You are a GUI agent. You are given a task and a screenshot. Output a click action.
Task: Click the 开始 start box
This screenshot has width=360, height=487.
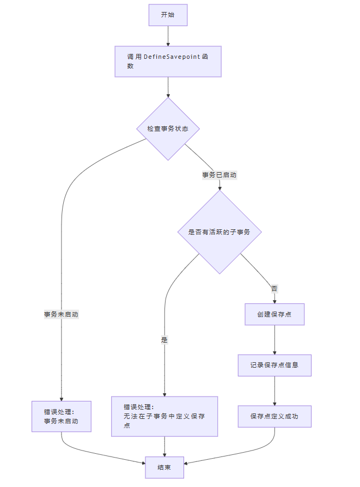(168, 15)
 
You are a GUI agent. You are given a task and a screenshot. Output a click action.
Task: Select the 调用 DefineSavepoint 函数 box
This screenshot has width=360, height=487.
(168, 62)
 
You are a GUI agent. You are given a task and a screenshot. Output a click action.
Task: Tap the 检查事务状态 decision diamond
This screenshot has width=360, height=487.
(168, 129)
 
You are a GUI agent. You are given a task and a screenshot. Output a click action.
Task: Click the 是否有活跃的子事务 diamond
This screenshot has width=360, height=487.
(219, 232)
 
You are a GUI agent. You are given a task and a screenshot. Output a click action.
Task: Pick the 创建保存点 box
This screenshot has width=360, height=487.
(274, 314)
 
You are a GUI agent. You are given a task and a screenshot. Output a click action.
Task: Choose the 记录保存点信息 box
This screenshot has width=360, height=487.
(274, 365)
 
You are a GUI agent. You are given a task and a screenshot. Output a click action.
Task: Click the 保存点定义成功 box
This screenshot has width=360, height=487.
(274, 416)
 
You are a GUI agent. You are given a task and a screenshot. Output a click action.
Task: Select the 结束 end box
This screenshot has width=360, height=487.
(164, 467)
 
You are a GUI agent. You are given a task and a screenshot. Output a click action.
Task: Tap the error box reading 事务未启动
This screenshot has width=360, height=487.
(61, 417)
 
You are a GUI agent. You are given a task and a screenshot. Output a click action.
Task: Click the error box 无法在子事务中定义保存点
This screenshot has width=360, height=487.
(164, 416)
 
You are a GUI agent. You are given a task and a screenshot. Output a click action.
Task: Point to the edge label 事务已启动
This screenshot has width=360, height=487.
(219, 175)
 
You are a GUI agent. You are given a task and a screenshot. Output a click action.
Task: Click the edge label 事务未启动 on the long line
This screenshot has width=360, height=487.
(61, 315)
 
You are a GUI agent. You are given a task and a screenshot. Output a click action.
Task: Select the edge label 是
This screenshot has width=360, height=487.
(164, 340)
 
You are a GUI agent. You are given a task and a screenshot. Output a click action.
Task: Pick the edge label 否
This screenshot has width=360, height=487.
(274, 289)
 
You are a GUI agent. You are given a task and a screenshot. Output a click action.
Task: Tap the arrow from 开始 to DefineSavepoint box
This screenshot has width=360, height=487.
(168, 36)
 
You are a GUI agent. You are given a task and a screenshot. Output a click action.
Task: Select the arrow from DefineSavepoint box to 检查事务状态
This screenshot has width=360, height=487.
(168, 87)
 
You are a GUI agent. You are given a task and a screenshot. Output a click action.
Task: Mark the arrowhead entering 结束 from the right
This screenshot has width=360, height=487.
(186, 464)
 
